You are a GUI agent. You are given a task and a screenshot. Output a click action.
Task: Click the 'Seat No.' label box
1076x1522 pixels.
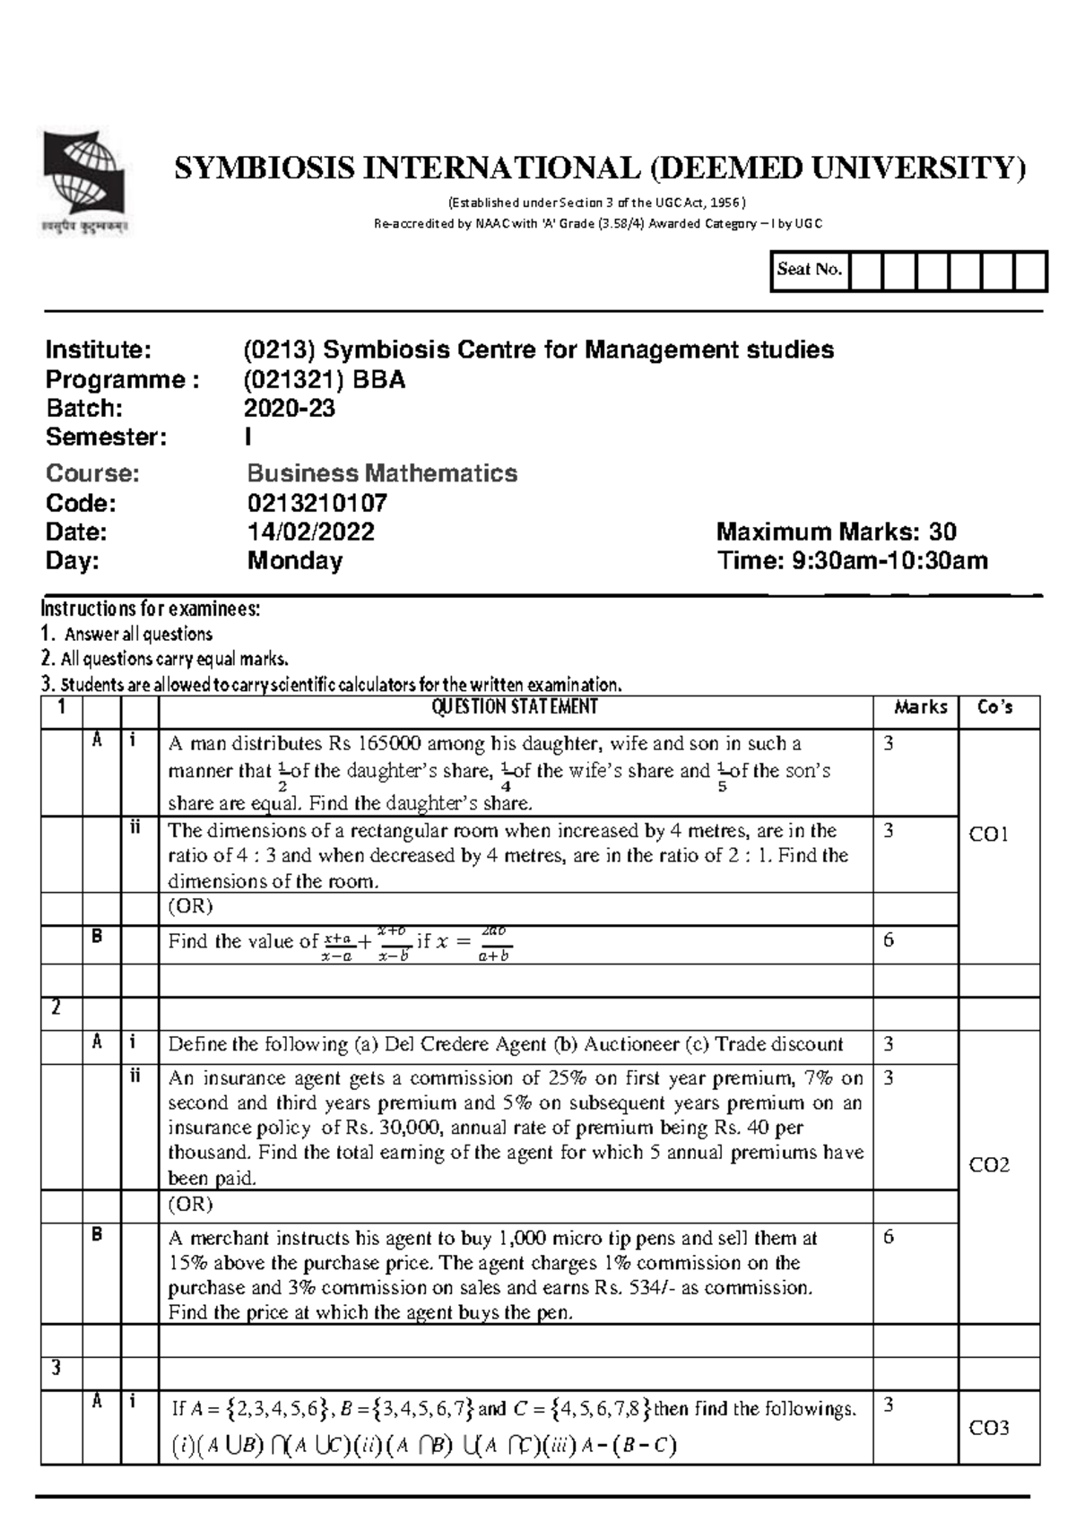coord(810,270)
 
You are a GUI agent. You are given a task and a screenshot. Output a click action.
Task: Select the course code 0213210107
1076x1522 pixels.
coord(317,503)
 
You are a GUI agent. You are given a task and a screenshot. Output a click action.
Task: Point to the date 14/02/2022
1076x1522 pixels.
coord(311,532)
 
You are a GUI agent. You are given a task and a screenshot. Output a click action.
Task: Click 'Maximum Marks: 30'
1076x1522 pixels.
coord(837,532)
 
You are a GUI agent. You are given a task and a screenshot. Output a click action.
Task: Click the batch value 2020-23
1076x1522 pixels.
coord(290,409)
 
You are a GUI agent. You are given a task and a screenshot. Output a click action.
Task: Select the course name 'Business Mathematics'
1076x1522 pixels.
coord(382,473)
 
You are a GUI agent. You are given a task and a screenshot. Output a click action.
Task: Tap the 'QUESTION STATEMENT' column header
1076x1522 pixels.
coord(515,707)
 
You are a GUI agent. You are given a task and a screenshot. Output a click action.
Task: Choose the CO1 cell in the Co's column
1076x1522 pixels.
coord(989,835)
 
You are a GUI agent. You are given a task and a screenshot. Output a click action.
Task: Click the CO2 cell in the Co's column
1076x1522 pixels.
coord(990,1165)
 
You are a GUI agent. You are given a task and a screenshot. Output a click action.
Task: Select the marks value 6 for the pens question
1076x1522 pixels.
coord(889,1237)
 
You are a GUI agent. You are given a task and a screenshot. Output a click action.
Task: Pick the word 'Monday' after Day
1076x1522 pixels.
coord(295,561)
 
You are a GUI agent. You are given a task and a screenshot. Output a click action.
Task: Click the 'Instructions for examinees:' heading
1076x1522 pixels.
coord(151,610)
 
